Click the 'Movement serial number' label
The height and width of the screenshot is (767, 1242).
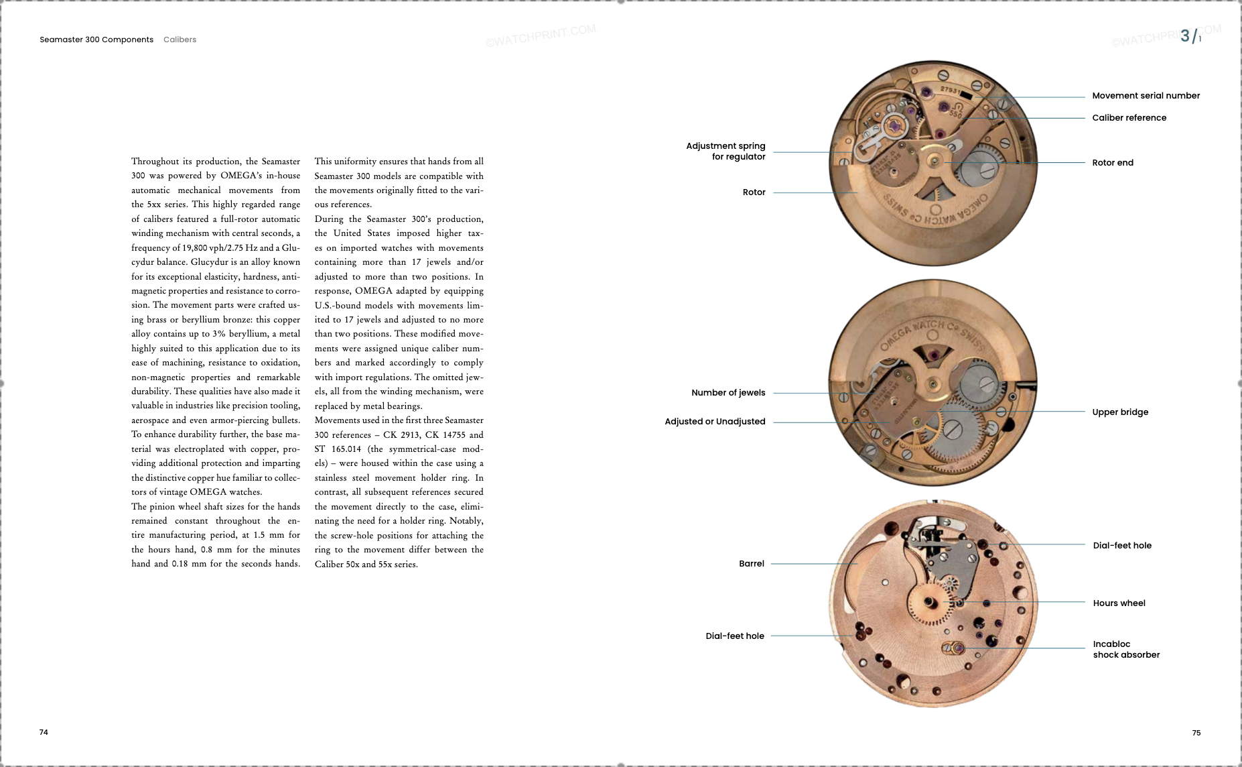click(1146, 96)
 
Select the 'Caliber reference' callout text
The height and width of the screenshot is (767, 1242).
click(1129, 118)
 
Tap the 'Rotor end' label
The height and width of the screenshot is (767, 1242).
click(1113, 163)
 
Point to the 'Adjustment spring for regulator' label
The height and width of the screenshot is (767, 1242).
click(726, 151)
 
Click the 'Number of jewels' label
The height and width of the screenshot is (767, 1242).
click(728, 393)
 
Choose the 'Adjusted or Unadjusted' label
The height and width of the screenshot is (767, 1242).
click(715, 422)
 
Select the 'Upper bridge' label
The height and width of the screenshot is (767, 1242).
click(1120, 412)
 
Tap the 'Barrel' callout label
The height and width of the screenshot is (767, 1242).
click(751, 564)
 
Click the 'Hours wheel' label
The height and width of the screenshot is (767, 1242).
click(1119, 603)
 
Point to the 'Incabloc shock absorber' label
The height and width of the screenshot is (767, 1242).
click(1126, 650)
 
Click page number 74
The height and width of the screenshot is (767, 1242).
click(44, 732)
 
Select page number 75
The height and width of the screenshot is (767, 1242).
click(1196, 733)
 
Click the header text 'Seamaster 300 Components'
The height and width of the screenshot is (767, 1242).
click(96, 40)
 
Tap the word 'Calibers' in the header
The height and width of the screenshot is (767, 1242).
click(180, 40)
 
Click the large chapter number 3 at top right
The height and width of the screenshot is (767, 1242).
click(1185, 36)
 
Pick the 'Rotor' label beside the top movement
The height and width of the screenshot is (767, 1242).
click(754, 192)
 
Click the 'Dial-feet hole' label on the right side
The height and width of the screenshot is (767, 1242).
click(1122, 546)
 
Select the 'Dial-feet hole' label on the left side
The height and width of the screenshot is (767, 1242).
click(734, 636)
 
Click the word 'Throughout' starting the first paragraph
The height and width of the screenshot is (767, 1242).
click(155, 162)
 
